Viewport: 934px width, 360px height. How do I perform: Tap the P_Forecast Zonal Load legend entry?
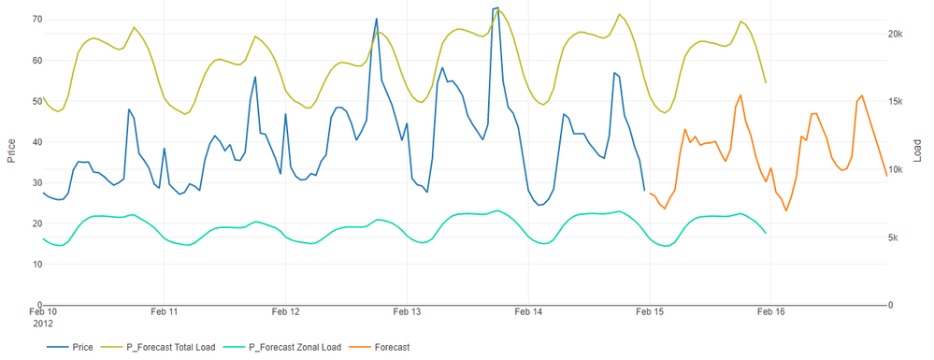coord(288,348)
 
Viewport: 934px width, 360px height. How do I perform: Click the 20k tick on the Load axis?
coord(896,34)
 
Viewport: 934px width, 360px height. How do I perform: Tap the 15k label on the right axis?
coord(896,102)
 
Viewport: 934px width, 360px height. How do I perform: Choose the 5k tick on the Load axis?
coord(894,238)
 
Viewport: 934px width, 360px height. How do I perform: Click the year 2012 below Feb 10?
coord(42,324)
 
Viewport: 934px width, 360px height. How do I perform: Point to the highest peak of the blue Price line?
coord(496,7)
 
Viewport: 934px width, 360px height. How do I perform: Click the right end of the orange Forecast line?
coord(886,176)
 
